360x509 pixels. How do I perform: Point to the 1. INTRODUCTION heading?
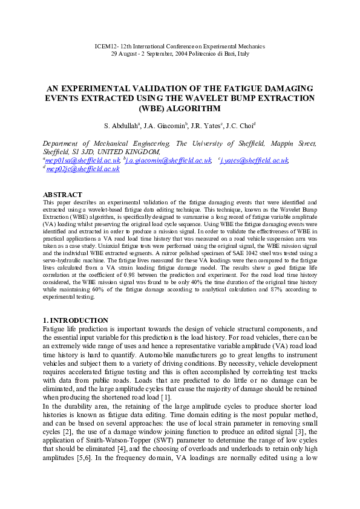(x=76, y=320)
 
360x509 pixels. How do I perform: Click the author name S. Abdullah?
(x=121, y=126)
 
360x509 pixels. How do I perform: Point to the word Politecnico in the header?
(x=211, y=54)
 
